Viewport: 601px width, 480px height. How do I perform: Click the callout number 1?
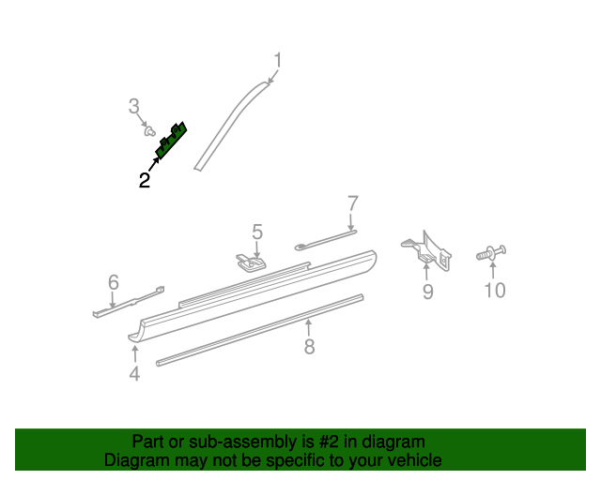pyautogui.click(x=278, y=61)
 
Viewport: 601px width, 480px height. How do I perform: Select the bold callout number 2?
pyautogui.click(x=144, y=180)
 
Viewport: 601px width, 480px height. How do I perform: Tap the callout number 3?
pyautogui.click(x=133, y=106)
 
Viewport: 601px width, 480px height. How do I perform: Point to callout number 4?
pyautogui.click(x=134, y=373)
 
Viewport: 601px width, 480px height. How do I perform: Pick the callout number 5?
pyautogui.click(x=257, y=232)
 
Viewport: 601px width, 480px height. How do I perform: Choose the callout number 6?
pyautogui.click(x=114, y=282)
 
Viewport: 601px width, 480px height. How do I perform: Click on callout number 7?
pyautogui.click(x=353, y=203)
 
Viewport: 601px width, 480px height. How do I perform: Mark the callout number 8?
pyautogui.click(x=309, y=347)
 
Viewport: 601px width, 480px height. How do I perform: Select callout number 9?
pyautogui.click(x=428, y=292)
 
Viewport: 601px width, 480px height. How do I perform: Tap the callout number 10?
pyautogui.click(x=495, y=290)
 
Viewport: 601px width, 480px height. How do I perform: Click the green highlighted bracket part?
pyautogui.click(x=171, y=140)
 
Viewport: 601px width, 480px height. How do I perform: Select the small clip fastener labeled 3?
pyautogui.click(x=149, y=131)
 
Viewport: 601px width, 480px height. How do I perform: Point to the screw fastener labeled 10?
pyautogui.click(x=491, y=253)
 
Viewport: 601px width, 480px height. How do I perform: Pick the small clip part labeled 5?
pyautogui.click(x=251, y=262)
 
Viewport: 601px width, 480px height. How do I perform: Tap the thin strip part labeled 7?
pyautogui.click(x=326, y=240)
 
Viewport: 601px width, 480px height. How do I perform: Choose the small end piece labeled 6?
pyautogui.click(x=129, y=302)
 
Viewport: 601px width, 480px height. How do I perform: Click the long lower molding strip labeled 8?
pyautogui.click(x=259, y=330)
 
